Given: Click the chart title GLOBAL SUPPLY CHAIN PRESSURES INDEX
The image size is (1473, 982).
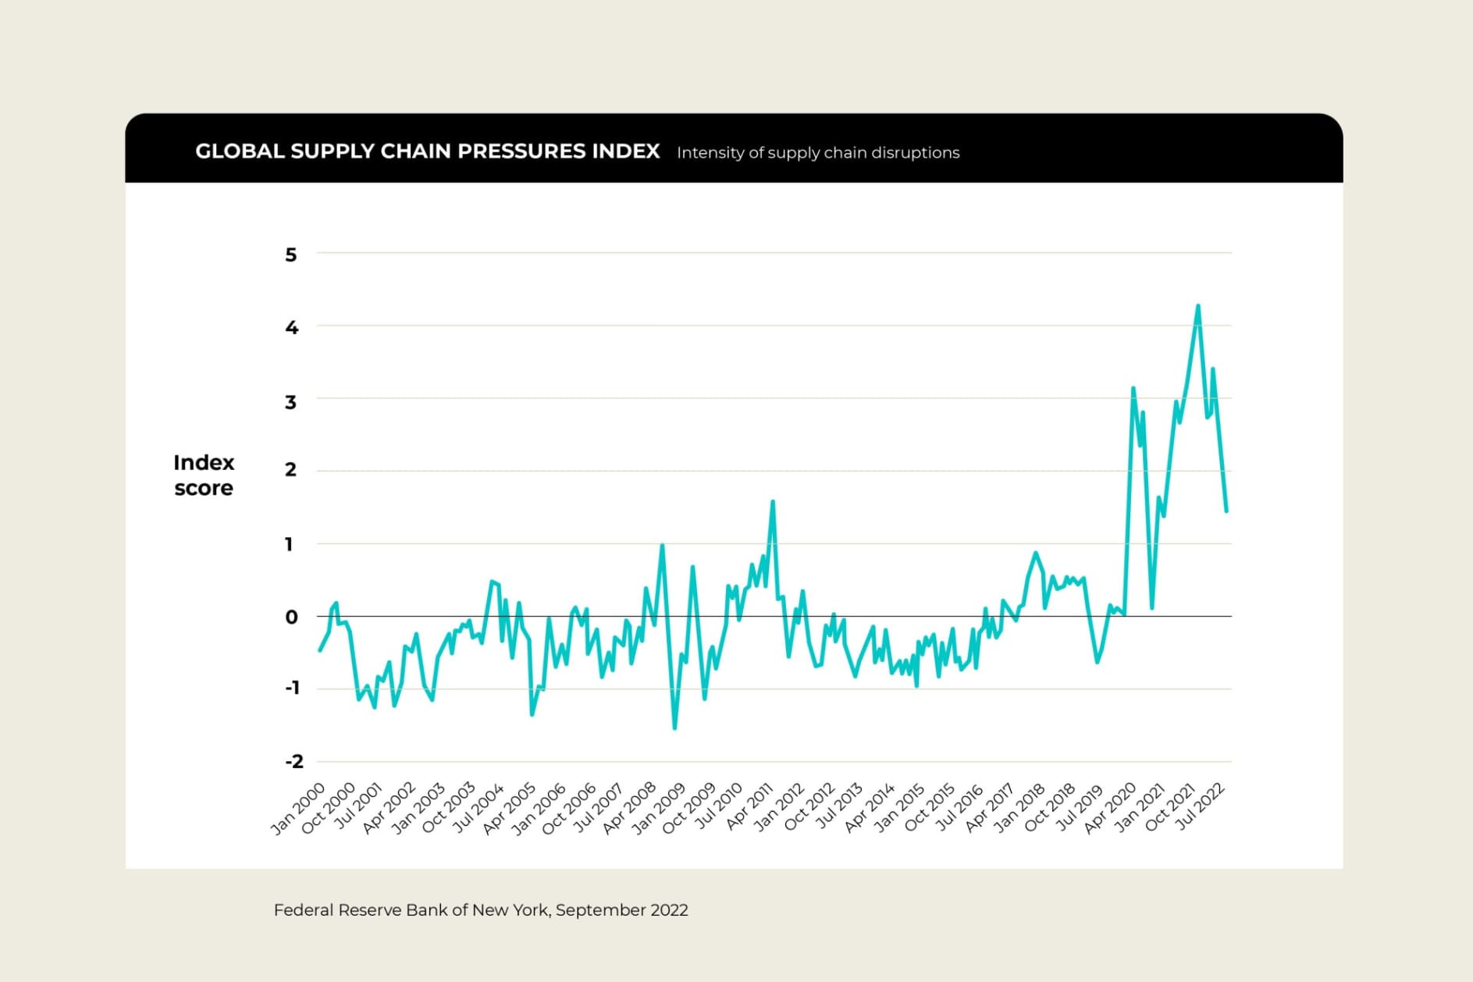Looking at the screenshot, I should (x=427, y=151).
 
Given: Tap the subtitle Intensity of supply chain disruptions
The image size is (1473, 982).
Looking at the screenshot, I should (x=817, y=153).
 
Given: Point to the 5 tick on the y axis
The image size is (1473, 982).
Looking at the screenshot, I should (x=291, y=254).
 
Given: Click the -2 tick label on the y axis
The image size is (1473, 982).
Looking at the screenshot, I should (x=294, y=761).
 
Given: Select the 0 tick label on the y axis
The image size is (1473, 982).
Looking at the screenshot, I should (x=291, y=617).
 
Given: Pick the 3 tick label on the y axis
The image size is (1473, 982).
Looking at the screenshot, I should (x=291, y=402).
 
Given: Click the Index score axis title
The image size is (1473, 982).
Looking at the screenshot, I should (x=204, y=475).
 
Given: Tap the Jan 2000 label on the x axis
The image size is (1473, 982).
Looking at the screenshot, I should (x=298, y=808).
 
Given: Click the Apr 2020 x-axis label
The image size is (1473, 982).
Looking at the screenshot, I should (x=1110, y=808).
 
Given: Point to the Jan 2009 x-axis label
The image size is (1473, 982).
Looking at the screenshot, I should (x=658, y=808).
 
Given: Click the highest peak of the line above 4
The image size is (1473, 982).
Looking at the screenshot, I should (x=1197, y=306).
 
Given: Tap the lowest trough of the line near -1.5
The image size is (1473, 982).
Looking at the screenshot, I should (x=674, y=728).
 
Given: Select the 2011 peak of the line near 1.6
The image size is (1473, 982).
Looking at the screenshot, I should (x=772, y=502).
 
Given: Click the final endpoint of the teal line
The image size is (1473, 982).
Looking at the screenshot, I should (x=1226, y=511).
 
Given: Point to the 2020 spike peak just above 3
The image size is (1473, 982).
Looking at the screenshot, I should (x=1133, y=388).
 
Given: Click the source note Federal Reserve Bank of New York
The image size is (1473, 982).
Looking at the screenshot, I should (x=481, y=910).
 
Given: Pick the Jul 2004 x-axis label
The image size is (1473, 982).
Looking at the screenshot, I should (x=479, y=808).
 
